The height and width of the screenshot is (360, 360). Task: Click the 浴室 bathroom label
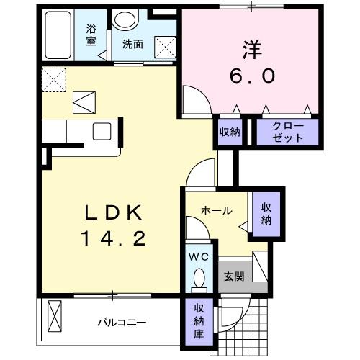click(91, 35)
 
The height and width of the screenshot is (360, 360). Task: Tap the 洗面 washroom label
click(132, 44)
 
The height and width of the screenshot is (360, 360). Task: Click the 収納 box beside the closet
click(230, 132)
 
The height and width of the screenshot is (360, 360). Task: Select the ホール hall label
click(216, 211)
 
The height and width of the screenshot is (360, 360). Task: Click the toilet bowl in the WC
click(199, 279)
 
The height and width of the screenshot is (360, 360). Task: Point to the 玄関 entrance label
click(233, 276)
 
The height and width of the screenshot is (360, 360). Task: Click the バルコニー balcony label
click(122, 322)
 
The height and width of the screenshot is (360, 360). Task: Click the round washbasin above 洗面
click(129, 22)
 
